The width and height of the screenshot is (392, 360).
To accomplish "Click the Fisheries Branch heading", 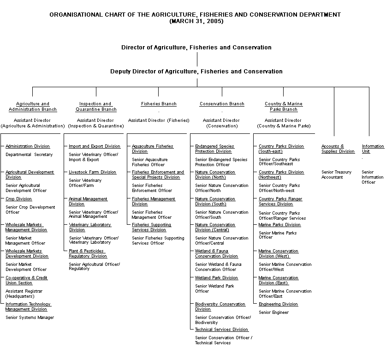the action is [159, 104].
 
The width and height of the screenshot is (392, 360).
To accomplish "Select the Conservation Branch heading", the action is [222, 104].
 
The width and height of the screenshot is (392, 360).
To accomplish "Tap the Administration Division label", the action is [28, 146].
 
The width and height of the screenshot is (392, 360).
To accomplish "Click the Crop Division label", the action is [19, 199].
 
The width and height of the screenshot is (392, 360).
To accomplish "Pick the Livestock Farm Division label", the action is [93, 172].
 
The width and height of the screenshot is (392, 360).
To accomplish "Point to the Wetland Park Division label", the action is [216, 278].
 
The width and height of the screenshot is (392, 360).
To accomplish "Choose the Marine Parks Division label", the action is [279, 225].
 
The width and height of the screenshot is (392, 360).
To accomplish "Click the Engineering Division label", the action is [278, 304].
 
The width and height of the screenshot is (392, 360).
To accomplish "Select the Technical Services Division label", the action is [221, 330].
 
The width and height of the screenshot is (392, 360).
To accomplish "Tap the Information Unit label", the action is [373, 149].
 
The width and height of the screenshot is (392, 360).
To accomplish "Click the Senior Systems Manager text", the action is [30, 318].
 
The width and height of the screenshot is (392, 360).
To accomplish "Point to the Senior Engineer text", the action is [274, 312].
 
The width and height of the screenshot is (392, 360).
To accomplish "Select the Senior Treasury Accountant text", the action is [336, 174].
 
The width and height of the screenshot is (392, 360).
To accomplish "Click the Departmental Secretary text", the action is [29, 155].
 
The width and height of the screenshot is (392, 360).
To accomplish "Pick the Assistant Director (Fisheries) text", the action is [159, 120].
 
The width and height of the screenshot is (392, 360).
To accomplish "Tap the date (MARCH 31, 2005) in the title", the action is [196, 21].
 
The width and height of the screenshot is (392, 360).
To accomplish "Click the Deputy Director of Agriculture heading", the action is [196, 72].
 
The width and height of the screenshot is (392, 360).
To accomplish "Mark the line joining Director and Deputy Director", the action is [197, 59].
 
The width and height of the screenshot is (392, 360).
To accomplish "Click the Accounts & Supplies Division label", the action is [338, 149].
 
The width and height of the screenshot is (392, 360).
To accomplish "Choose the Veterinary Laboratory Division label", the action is [90, 227].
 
